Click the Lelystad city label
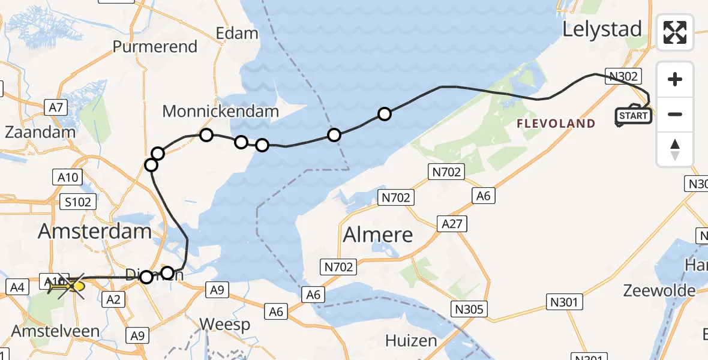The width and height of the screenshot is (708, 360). point(602,29)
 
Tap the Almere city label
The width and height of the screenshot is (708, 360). point(378,235)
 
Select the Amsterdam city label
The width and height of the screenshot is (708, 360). point(95,232)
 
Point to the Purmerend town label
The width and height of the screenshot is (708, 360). point(155,47)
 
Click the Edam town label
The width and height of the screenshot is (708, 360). point(237,33)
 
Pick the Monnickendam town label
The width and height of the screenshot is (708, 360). point(221,111)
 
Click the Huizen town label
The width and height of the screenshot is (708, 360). point(411,341)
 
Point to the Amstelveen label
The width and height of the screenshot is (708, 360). point(46,332)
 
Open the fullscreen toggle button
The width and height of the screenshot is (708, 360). point(675,32)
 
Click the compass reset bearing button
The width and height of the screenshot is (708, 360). point(675,149)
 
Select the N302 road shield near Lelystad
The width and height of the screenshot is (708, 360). point(625,76)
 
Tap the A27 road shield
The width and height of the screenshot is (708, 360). point(453,224)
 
